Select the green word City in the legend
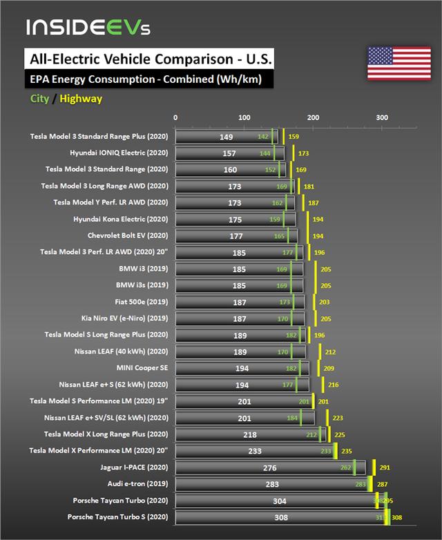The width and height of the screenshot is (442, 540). (x=39, y=99)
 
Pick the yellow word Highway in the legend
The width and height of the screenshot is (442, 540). (x=81, y=99)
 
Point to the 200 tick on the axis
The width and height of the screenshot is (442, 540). (x=313, y=118)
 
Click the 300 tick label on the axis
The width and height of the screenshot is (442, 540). (x=382, y=118)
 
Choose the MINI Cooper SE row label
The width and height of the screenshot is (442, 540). (x=142, y=368)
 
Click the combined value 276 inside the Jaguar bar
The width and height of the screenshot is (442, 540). (x=270, y=468)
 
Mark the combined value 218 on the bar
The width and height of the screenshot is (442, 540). (x=249, y=435)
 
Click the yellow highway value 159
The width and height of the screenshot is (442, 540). (x=294, y=137)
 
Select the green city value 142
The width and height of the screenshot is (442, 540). (x=262, y=137)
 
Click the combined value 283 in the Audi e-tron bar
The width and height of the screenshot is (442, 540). (x=272, y=485)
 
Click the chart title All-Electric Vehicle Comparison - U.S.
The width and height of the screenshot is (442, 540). (x=148, y=59)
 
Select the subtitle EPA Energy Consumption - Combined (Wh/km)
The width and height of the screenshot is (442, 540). (x=145, y=79)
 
